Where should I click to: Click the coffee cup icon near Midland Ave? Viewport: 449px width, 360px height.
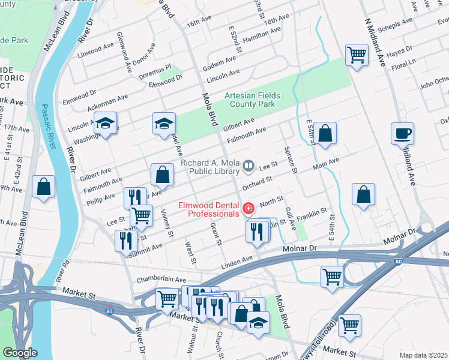click(x=402, y=134)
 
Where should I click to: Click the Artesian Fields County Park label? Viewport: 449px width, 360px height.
click(x=250, y=100)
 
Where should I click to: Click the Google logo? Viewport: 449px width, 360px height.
click(x=20, y=353)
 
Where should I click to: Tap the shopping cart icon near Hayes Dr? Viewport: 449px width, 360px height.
click(x=357, y=56)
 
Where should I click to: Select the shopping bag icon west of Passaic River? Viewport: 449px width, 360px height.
click(x=44, y=187)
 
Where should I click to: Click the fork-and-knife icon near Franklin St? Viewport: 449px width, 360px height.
click(x=258, y=231)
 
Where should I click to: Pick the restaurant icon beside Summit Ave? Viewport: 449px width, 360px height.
click(x=125, y=241)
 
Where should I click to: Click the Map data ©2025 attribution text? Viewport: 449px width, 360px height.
click(x=423, y=355)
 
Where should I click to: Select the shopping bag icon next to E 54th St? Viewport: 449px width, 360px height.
click(x=325, y=134)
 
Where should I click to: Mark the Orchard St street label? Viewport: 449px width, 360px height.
click(x=258, y=179)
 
